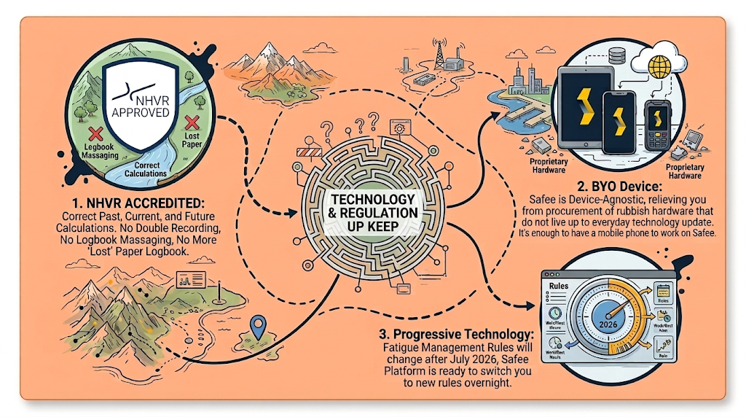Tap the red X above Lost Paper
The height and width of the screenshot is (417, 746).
[193, 121]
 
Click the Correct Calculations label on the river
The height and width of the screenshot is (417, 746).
[146, 169]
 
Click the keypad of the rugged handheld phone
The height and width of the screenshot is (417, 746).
[659, 138]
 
